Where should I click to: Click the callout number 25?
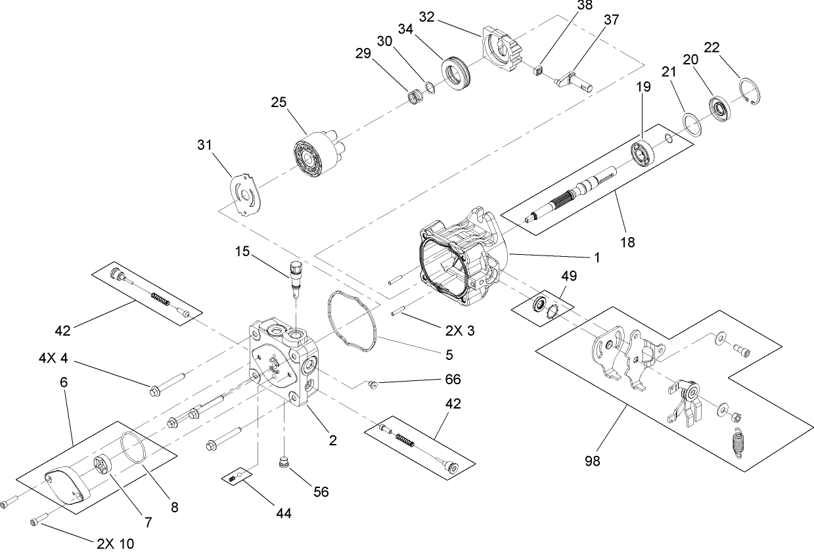pos(279,102)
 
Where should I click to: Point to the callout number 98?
pos(592,462)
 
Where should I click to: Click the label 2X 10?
pos(116,544)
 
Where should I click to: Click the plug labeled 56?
pos(284,463)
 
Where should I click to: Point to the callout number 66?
pos(453,379)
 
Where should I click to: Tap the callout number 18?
pos(627,242)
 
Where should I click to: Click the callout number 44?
pos(283,512)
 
